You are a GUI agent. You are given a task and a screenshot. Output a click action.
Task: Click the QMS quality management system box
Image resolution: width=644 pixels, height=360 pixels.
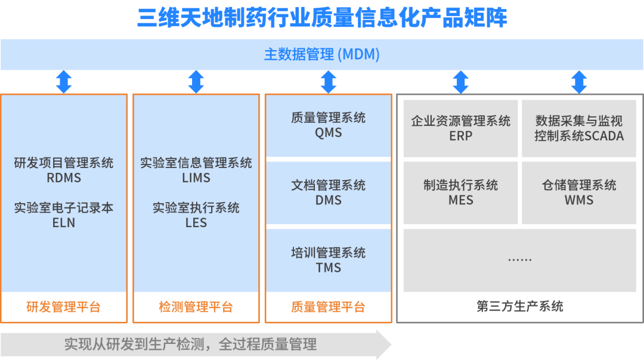tap(328, 125)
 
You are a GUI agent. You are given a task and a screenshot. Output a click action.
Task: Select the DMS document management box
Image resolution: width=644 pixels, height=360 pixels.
tap(328, 193)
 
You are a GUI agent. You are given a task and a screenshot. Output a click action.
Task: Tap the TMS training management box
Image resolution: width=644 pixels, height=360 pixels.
tap(328, 260)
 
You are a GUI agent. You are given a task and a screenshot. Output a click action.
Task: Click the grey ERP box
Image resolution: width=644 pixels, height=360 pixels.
tap(460, 128)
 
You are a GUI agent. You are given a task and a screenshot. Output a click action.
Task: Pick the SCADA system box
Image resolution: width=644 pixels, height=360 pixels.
tap(578, 128)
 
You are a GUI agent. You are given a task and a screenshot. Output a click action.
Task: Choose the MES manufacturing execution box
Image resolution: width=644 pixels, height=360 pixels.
tap(460, 192)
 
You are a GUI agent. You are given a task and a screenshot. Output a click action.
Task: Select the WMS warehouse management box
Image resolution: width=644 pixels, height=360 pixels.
tap(578, 192)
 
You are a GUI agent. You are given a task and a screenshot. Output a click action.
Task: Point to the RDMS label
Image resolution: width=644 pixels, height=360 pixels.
tap(64, 178)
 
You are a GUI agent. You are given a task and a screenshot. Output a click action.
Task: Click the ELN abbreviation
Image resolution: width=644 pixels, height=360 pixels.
tap(64, 222)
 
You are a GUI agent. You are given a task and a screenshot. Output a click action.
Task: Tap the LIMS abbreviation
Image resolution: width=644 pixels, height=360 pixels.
tap(196, 178)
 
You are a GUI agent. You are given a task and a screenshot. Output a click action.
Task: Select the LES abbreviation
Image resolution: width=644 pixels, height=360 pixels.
tap(196, 222)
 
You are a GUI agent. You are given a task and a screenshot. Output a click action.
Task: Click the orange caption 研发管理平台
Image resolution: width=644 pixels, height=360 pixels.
tap(64, 308)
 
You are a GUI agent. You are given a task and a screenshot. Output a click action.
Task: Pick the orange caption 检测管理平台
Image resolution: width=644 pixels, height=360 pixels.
tap(196, 308)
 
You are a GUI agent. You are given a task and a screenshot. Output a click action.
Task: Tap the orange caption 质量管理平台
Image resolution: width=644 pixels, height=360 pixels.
tap(328, 308)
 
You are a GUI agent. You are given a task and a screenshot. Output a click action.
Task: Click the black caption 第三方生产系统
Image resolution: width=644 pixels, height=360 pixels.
tap(519, 306)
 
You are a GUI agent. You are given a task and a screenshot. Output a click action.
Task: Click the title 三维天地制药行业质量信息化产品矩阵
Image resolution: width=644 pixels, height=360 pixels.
tap(322, 18)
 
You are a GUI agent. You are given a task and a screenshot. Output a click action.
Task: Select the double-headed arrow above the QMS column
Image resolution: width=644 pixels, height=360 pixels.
tap(328, 82)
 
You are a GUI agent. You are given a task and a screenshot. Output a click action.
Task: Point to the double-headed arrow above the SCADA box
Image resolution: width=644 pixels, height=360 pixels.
tap(578, 82)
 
